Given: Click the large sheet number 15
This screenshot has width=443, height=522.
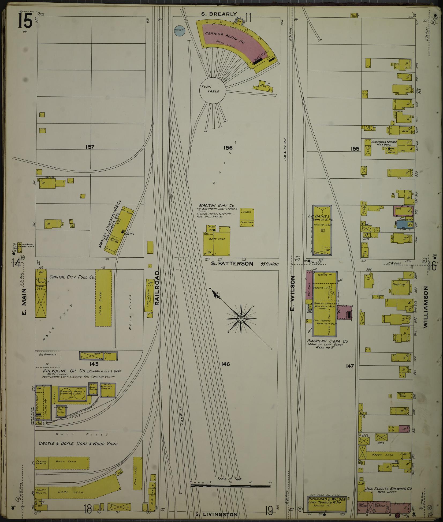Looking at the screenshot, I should [x=25, y=21].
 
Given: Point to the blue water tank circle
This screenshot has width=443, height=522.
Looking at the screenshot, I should [x=179, y=30].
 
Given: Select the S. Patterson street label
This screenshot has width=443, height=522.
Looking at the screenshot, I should [x=232, y=264].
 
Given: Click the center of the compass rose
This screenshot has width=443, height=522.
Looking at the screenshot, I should [x=241, y=318].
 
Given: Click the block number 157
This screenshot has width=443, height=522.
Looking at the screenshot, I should [x=90, y=147].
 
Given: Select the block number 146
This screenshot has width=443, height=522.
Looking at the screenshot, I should [x=226, y=364].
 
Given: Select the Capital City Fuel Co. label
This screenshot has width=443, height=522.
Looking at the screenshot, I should [x=72, y=277].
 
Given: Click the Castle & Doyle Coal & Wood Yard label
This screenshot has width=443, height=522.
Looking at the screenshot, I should [x=78, y=444].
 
